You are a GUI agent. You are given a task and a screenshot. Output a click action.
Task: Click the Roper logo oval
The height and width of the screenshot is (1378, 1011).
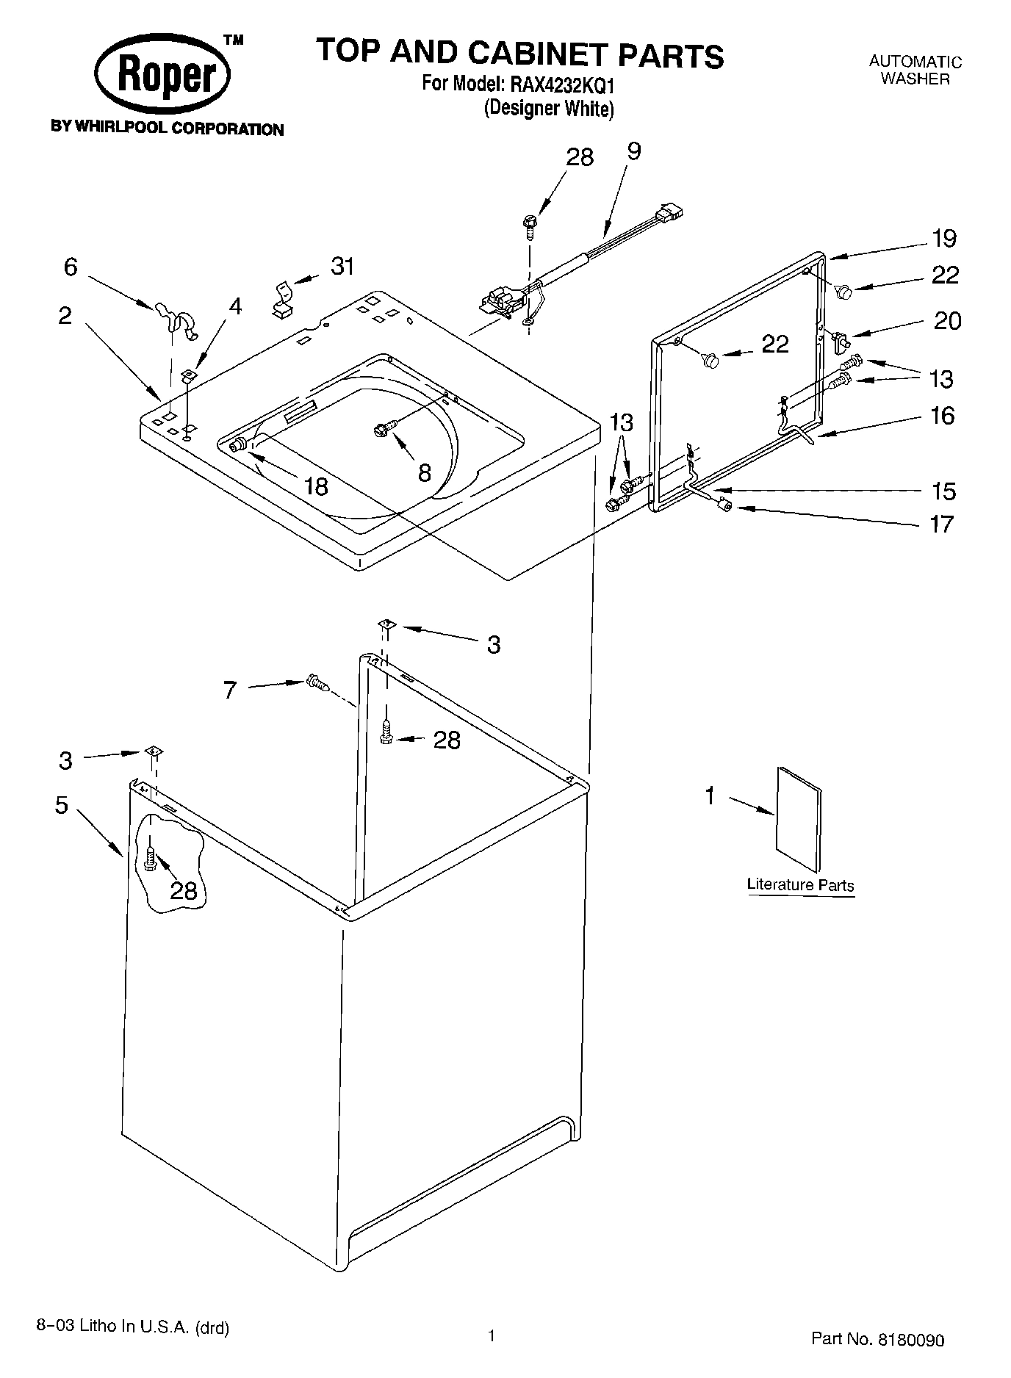163,76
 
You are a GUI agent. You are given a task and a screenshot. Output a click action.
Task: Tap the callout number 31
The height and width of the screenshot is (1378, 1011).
342,266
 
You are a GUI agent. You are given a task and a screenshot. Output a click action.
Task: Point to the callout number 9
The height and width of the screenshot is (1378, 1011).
634,151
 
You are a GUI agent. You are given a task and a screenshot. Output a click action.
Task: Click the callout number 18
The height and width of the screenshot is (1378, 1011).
316,486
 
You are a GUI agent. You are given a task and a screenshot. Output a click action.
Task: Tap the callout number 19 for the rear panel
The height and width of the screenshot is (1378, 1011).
945,238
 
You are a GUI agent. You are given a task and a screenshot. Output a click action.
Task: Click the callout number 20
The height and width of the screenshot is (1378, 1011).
947,321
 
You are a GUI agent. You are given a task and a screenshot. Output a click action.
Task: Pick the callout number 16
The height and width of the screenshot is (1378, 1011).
942,416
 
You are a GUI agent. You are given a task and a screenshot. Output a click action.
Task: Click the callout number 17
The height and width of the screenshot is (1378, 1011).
942,524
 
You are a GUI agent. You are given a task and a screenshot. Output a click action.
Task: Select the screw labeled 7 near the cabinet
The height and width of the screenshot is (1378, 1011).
316,683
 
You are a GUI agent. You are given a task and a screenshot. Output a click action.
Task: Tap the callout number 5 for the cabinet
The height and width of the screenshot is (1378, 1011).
61,804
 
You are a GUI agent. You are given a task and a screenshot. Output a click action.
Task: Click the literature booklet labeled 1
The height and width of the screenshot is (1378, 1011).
799,818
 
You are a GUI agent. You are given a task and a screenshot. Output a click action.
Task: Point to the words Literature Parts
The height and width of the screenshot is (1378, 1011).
800,885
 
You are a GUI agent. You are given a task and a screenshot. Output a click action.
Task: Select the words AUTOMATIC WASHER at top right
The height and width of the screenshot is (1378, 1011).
915,71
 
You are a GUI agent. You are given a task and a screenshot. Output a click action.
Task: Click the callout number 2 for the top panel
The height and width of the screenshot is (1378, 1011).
65,316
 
